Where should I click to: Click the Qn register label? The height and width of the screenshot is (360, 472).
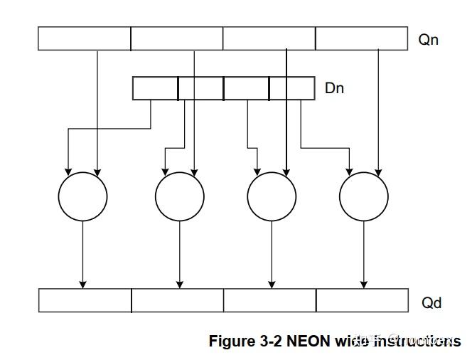click(x=428, y=40)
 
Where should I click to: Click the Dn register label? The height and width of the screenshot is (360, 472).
click(x=334, y=89)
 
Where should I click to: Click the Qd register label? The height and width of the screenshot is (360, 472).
click(x=431, y=303)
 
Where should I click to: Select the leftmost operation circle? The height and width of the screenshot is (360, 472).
click(x=82, y=196)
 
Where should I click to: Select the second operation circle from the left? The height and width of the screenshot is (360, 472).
click(x=180, y=196)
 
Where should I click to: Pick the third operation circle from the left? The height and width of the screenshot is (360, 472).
click(x=272, y=196)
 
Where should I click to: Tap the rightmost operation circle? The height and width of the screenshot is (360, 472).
click(x=364, y=196)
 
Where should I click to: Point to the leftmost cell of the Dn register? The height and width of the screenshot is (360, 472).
click(x=155, y=88)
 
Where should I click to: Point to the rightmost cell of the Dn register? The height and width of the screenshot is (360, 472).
click(x=292, y=88)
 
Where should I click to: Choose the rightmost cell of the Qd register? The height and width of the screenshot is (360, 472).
click(x=362, y=300)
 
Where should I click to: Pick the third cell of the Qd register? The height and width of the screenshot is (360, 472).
click(x=270, y=300)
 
